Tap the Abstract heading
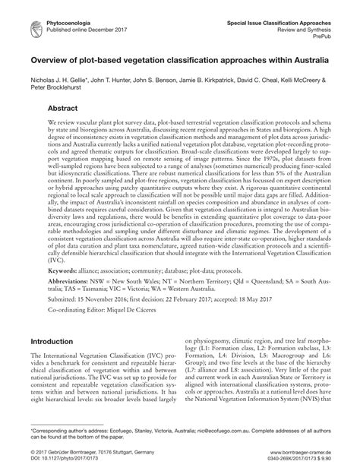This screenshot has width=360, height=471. [x=67, y=109]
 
